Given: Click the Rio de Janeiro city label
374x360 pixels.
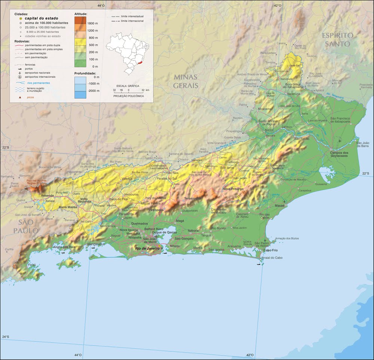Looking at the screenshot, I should (x=147, y=248).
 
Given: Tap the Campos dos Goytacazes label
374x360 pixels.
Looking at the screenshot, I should (x=339, y=154).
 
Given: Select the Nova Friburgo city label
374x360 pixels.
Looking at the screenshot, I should (x=233, y=189).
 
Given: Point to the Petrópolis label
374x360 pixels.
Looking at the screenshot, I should (x=156, y=210).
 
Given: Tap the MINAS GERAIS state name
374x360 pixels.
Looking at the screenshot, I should (x=185, y=81).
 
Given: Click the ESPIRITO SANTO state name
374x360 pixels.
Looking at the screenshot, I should (x=338, y=39).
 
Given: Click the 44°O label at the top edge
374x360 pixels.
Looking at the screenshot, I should (x=101, y=5).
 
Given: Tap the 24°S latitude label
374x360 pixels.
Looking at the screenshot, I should (x=5, y=337).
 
